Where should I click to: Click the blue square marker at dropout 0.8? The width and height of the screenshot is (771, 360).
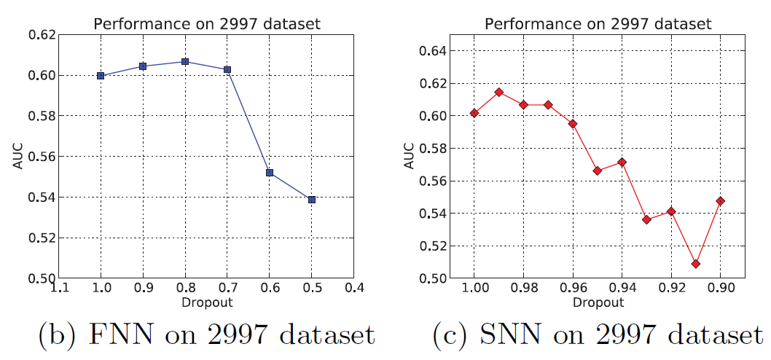(x=185, y=61)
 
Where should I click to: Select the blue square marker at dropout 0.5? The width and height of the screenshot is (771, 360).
(x=312, y=199)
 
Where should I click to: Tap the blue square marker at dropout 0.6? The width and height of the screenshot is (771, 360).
(x=270, y=172)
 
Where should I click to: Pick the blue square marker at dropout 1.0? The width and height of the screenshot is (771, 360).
(x=101, y=75)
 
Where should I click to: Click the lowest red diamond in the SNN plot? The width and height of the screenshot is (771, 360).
(x=696, y=263)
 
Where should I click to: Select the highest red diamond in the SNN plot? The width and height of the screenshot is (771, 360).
(x=499, y=92)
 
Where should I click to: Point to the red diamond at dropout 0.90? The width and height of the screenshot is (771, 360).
(x=720, y=200)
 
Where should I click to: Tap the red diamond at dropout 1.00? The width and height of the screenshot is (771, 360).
(x=474, y=112)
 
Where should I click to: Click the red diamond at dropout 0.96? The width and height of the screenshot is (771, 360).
(x=573, y=123)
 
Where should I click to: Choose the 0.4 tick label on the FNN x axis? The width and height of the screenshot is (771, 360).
(x=354, y=289)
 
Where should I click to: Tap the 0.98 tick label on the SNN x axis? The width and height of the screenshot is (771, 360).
(x=523, y=289)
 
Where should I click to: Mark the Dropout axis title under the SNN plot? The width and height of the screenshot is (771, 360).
(x=597, y=301)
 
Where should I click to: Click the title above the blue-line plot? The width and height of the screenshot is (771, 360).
(x=206, y=23)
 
